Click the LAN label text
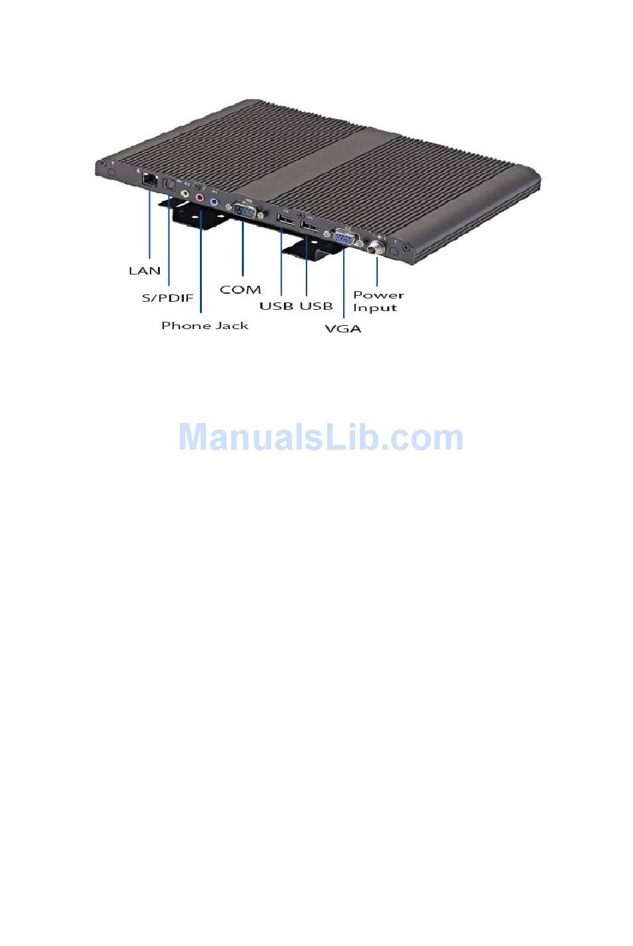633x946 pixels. pos(145,270)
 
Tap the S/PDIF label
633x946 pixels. pos(167,298)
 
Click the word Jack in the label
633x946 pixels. pos(233,325)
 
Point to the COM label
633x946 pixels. pos(240,290)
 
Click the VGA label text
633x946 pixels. pos(342,328)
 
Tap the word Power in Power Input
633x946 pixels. pos(378,294)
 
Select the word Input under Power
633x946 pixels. pos(375,308)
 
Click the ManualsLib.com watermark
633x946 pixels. pos(320,438)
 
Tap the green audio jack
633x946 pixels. pos(185,195)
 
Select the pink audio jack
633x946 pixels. pos(200,198)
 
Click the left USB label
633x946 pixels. pos(277,306)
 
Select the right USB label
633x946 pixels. pos(316,306)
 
